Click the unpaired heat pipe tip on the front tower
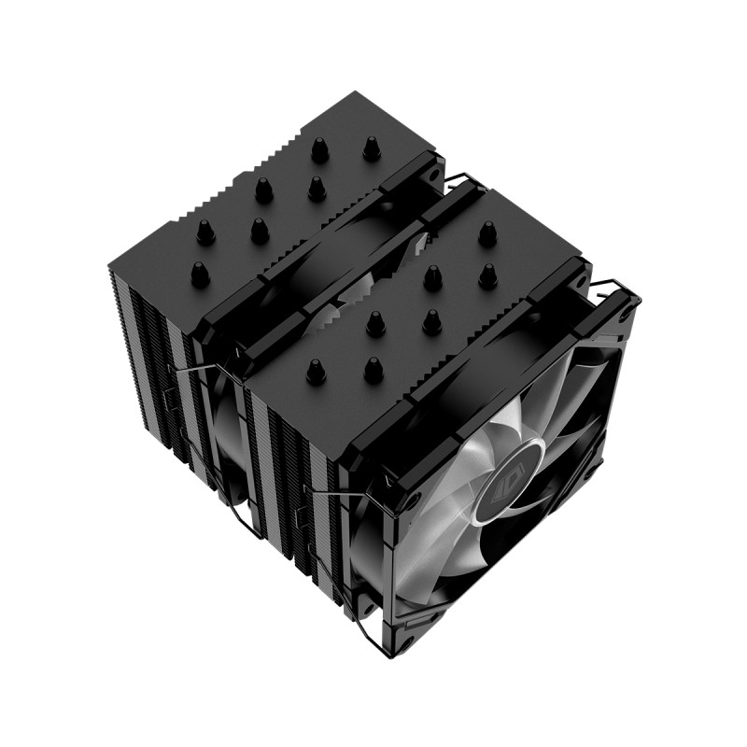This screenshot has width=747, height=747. coord(486,233)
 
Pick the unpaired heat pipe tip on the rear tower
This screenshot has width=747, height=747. coord(199,273)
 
